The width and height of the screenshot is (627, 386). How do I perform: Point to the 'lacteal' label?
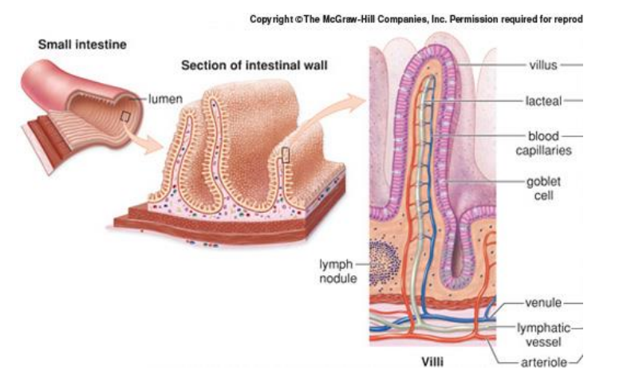pos(544,100)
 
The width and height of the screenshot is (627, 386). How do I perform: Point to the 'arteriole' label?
pos(542,363)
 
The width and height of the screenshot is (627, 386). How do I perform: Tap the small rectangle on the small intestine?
pos(124,116)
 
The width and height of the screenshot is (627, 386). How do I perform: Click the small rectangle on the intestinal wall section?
pos(286,154)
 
